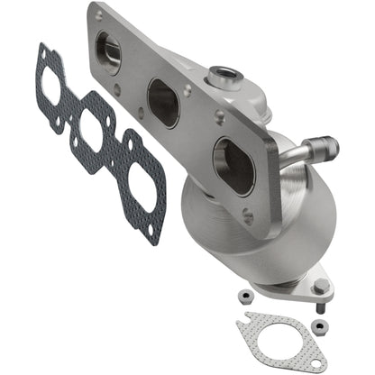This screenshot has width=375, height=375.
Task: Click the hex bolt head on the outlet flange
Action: pos(320,287)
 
